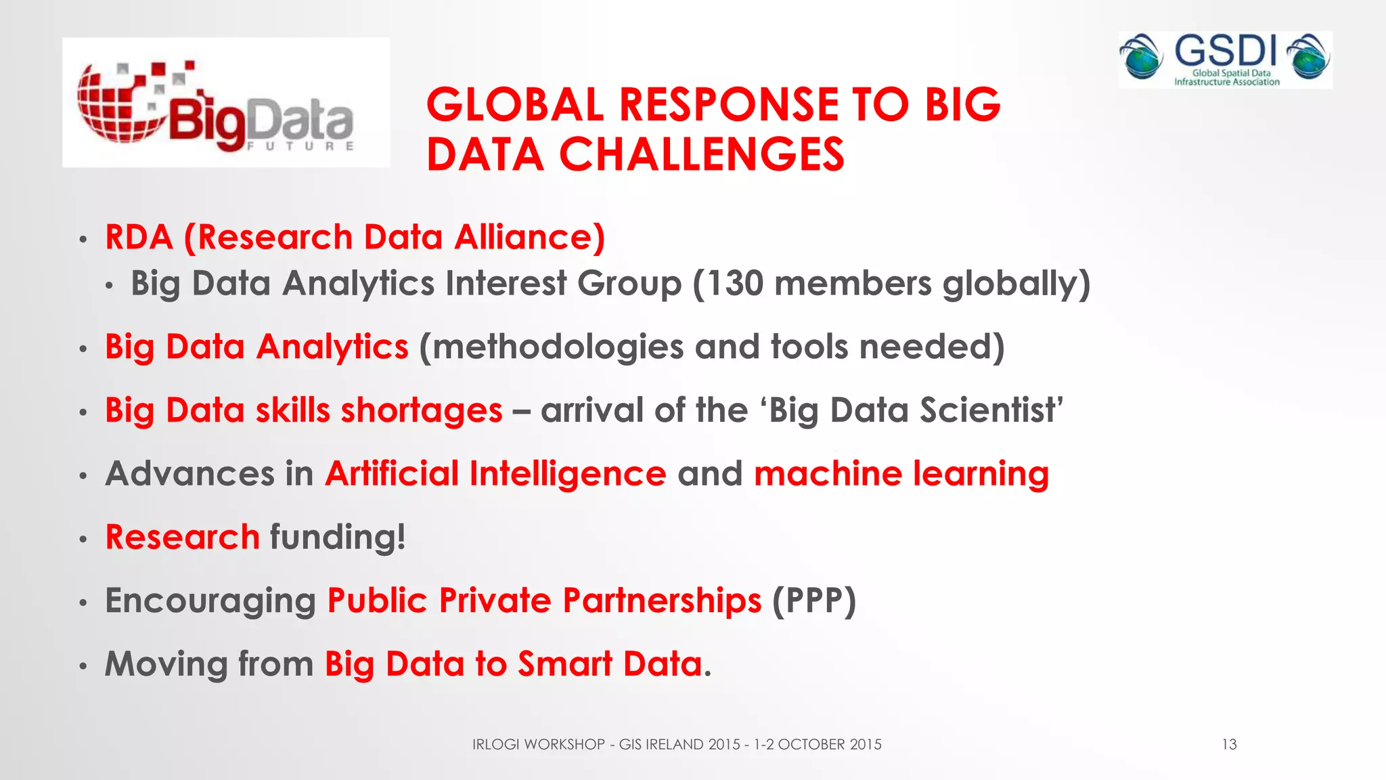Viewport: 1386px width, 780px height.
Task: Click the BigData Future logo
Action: point(225,102)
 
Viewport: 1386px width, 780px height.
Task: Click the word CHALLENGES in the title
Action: point(701,154)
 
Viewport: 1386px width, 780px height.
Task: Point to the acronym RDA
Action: point(139,238)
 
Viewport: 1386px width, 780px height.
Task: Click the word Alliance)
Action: point(529,238)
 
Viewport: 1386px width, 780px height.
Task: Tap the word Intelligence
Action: point(568,473)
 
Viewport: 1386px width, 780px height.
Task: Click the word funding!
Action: point(338,537)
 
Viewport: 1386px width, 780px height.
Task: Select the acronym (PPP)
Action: point(814,601)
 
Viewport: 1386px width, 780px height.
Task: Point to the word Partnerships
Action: point(662,601)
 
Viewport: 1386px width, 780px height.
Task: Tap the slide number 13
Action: point(1229,745)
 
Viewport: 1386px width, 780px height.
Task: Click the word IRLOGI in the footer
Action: point(495,745)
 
